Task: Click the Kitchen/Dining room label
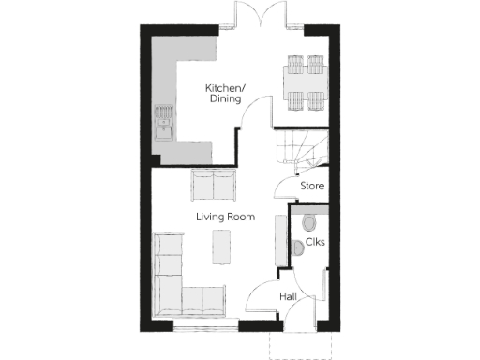coord(225,93)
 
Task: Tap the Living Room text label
coord(225,217)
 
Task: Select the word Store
coord(312,187)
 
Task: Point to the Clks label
coord(315,243)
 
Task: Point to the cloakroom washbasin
coord(297,247)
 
